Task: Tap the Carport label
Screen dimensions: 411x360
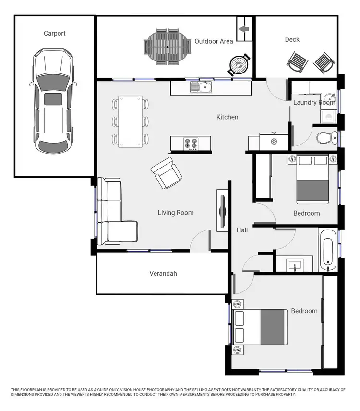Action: (x=54, y=34)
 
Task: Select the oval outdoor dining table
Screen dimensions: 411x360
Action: (x=167, y=47)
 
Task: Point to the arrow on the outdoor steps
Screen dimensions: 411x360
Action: (x=244, y=29)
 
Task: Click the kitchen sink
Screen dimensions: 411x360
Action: (x=201, y=87)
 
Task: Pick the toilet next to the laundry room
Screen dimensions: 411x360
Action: (x=327, y=138)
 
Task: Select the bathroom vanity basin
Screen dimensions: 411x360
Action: (x=294, y=264)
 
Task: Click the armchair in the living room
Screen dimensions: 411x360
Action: (x=166, y=173)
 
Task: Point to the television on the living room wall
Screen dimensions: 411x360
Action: (x=223, y=210)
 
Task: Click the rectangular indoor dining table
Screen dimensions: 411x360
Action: (x=130, y=121)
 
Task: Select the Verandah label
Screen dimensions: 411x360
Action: (x=163, y=274)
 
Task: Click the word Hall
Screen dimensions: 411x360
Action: (x=242, y=230)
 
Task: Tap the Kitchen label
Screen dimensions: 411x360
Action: (x=227, y=117)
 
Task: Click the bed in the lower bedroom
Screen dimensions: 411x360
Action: (x=260, y=327)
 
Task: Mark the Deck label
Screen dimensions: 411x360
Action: (x=292, y=40)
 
